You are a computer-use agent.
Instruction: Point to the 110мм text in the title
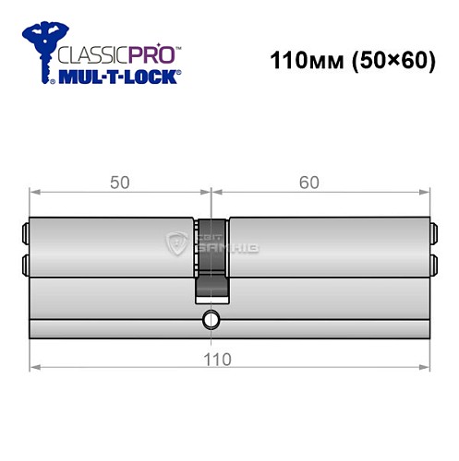click(x=297, y=62)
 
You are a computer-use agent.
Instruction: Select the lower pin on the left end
click(x=25, y=266)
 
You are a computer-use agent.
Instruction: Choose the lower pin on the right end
click(x=434, y=266)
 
